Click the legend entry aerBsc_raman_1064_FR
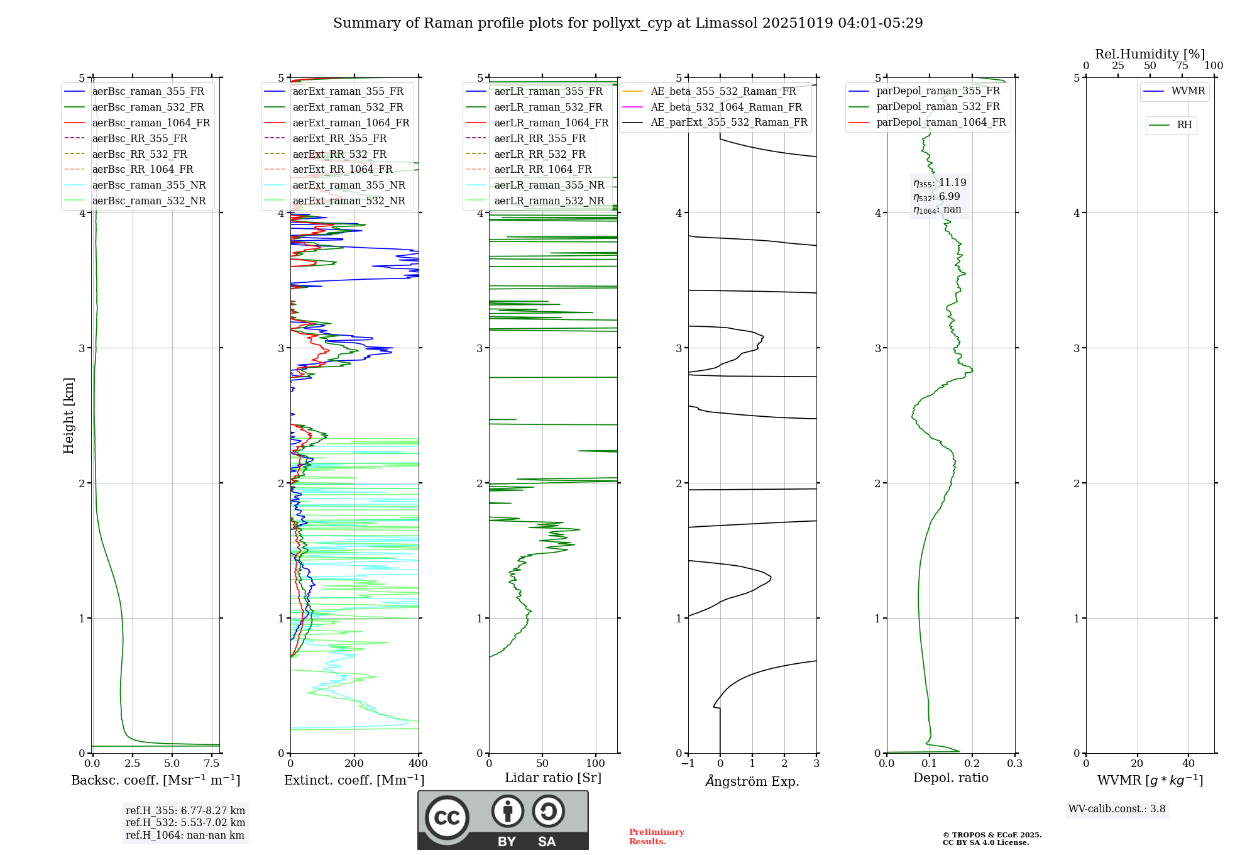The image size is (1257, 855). tap(151, 123)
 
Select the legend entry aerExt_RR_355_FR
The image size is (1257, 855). tap(339, 139)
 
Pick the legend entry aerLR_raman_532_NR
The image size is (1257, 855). tap(549, 201)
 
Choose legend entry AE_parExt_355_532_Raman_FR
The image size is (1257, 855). tap(728, 123)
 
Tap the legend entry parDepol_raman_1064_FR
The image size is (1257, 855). tap(941, 123)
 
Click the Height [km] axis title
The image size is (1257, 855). tap(69, 416)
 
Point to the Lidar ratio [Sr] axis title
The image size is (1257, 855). tap(553, 778)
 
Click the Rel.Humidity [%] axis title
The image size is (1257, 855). tap(1150, 54)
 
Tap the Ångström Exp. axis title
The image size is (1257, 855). tap(752, 781)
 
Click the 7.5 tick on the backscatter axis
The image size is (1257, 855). tap(212, 764)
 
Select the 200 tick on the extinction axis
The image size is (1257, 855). tap(354, 764)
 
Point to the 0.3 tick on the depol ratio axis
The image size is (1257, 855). tap(1014, 764)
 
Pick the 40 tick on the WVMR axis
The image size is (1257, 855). tap(1188, 764)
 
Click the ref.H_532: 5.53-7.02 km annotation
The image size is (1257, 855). tap(185, 823)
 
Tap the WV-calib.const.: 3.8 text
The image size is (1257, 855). tap(1117, 809)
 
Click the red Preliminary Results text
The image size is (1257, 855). tap(656, 837)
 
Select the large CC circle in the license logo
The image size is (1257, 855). tap(447, 818)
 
